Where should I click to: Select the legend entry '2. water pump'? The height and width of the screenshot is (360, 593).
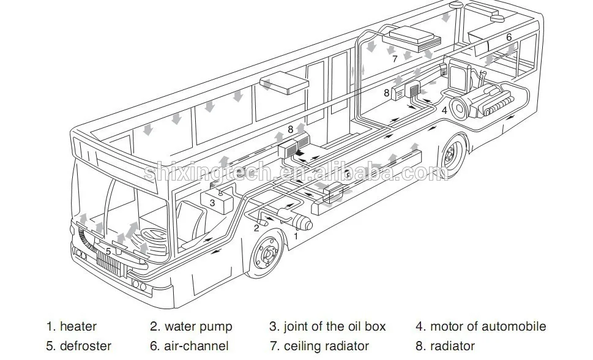point(191,327)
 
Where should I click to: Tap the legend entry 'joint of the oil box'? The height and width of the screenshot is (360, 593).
point(327,327)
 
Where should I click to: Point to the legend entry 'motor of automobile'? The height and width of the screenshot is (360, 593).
point(480,327)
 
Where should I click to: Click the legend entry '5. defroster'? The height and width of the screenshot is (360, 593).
point(78,347)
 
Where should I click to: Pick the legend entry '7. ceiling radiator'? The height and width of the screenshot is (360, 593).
point(319,347)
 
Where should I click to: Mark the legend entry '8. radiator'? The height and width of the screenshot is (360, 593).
point(445,347)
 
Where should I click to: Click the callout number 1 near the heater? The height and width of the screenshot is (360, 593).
point(296,235)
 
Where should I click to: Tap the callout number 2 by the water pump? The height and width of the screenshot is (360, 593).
point(256,228)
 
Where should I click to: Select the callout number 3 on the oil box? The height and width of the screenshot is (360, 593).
point(212,201)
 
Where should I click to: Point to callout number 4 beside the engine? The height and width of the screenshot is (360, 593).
point(444,111)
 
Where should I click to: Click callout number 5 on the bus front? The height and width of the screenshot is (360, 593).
point(108,251)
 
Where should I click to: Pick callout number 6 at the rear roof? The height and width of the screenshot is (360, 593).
point(509,37)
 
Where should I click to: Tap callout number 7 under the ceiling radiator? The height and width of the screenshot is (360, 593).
point(395,59)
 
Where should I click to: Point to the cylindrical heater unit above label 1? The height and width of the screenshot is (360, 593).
point(293,219)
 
